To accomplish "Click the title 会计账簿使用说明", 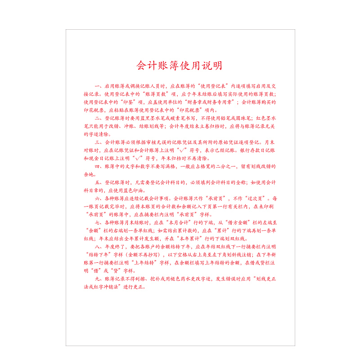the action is (x=179, y=65).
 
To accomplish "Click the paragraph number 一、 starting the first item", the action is (x=99, y=86).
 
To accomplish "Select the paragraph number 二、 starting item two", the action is (x=99, y=118).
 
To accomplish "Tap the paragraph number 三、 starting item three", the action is (x=99, y=143).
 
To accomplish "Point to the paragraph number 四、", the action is (x=99, y=166).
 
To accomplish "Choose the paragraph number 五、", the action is (x=99, y=183).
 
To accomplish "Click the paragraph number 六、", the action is (x=99, y=199).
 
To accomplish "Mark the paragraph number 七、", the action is (x=99, y=223).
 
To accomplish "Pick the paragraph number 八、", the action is (x=99, y=247).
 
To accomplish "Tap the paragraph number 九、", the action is (x=99, y=279).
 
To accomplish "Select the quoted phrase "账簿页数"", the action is (x=157, y=94).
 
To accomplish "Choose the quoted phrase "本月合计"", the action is (x=179, y=223).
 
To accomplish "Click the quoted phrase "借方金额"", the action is (x=238, y=223).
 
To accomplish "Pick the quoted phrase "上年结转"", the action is (x=144, y=263).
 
